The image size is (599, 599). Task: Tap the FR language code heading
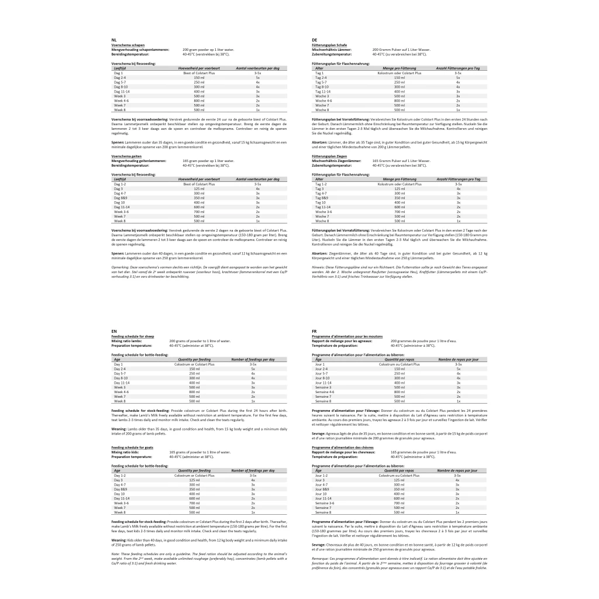click(x=315, y=331)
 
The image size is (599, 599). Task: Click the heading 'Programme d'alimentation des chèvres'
click(x=342, y=447)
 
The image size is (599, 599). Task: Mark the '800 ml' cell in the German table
click(x=400, y=101)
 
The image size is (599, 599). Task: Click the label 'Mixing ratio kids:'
click(x=125, y=452)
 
